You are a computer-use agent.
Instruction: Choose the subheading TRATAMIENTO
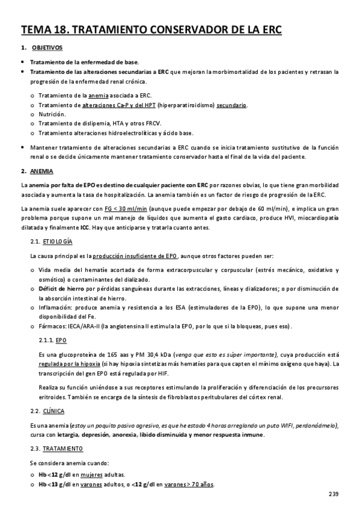point(61,449)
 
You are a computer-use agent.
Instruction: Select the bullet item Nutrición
point(52,114)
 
